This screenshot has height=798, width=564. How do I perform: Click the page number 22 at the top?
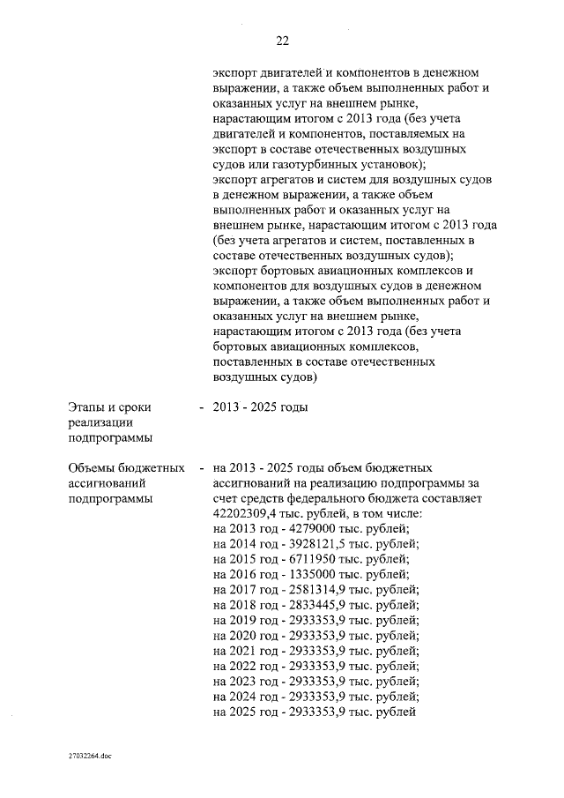282,41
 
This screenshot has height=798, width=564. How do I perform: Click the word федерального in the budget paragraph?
339,497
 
